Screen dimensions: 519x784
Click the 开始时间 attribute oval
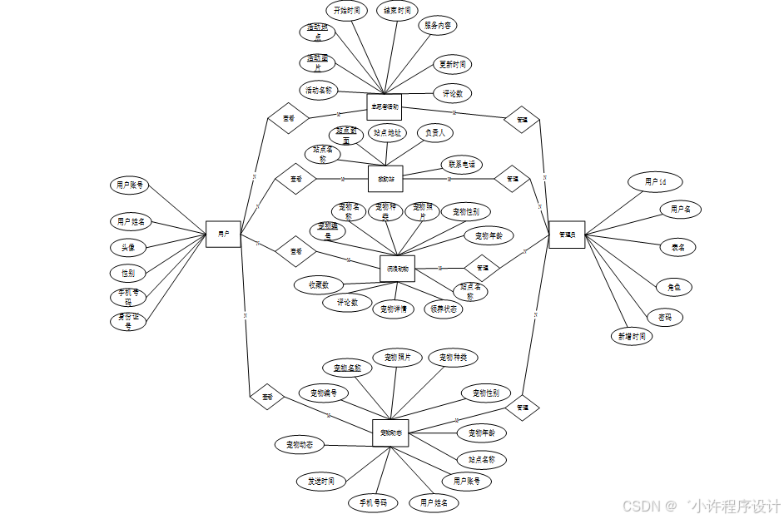pos(346,11)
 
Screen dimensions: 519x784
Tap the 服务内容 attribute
pos(438,26)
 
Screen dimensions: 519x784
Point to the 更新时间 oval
pos(454,64)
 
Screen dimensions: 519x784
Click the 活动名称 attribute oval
pos(319,90)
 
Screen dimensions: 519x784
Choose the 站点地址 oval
pos(387,132)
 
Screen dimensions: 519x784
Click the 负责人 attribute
pos(434,132)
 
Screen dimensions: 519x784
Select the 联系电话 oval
pos(462,165)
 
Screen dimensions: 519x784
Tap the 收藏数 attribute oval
pos(319,284)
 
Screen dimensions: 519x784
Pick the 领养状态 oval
pos(443,309)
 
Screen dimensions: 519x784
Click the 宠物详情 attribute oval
pos(393,309)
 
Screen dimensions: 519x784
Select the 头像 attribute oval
pos(128,247)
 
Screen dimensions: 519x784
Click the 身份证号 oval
pos(128,322)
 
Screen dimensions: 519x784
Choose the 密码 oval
pos(664,317)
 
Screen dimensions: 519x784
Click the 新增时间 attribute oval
pos(631,336)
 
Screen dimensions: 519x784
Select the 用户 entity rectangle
pos(223,235)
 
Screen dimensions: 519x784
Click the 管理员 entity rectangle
pos(567,235)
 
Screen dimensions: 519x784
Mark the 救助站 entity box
pos(385,178)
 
